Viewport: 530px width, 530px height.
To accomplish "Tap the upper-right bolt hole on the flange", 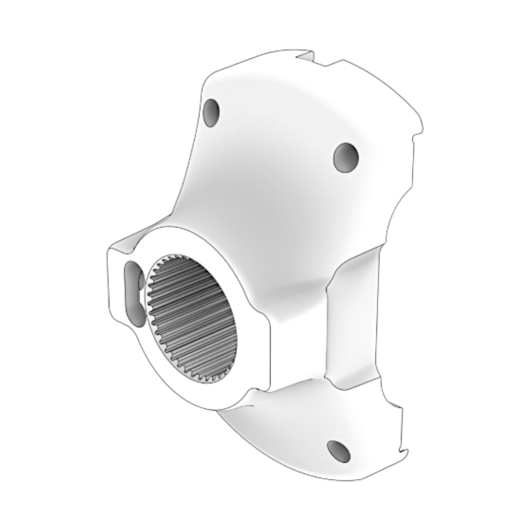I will (346, 157).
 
